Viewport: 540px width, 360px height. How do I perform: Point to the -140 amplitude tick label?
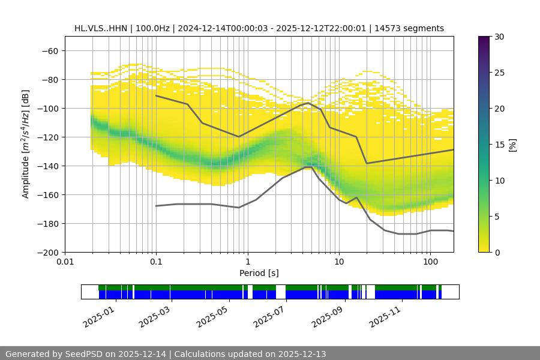pyautogui.click(x=47, y=166)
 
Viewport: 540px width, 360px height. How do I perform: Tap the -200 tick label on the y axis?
pyautogui.click(x=47, y=253)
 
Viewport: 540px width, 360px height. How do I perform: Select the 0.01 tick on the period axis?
pyautogui.click(x=65, y=262)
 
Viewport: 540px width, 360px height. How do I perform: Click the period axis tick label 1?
pyautogui.click(x=247, y=262)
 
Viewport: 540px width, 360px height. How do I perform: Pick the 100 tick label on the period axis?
pyautogui.click(x=430, y=262)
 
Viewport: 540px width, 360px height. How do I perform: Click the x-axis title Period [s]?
pyautogui.click(x=259, y=274)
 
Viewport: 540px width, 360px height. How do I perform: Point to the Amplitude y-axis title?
pyautogui.click(x=26, y=144)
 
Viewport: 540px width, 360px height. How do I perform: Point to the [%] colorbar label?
pyautogui.click(x=512, y=145)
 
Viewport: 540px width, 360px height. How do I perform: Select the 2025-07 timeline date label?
pyautogui.click(x=270, y=316)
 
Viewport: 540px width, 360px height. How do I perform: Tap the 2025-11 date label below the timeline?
pyautogui.click(x=385, y=316)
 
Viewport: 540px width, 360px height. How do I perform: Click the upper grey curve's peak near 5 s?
pyautogui.click(x=308, y=103)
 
